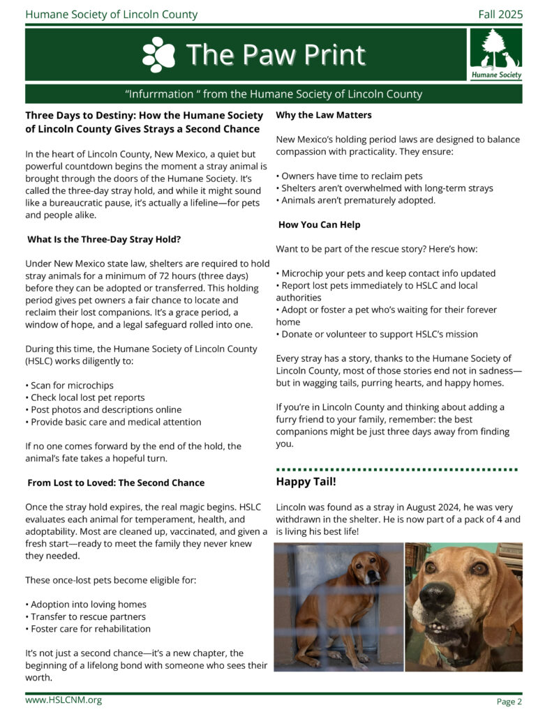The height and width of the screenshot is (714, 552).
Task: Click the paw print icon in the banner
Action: coord(158,55)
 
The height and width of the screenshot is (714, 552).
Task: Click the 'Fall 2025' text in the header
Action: coord(500,14)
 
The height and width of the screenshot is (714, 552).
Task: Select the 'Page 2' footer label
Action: coord(509,701)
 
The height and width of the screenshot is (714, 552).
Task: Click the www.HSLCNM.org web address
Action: coord(64,700)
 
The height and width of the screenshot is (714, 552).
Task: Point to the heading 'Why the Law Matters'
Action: coord(324,115)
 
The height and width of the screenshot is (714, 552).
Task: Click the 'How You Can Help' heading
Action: coord(319,225)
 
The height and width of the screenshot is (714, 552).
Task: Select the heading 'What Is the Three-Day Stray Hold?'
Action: coord(104,239)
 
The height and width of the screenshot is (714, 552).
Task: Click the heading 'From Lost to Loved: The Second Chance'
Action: coord(116,483)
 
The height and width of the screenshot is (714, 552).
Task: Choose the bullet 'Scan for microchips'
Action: coord(69,385)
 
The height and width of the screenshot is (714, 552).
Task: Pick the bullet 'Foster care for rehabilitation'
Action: coord(88,628)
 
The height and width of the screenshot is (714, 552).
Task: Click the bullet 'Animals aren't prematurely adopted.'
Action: coord(356,200)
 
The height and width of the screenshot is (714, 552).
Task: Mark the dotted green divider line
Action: coord(397,469)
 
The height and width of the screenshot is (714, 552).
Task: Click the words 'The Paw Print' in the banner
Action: coord(275,55)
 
